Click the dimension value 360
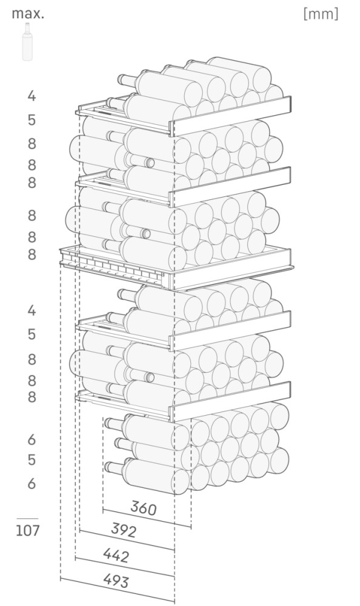click(144, 507)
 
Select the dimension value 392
click(124, 530)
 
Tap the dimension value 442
click(116, 555)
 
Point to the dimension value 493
click(116, 581)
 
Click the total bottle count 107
click(27, 530)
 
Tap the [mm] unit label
click(321, 14)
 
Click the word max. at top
click(28, 14)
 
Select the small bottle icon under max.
click(27, 41)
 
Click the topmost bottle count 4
click(32, 96)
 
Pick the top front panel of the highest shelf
click(230, 116)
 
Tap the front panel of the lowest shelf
click(230, 401)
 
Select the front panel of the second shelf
click(230, 187)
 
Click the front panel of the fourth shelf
click(230, 330)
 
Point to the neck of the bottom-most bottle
click(114, 467)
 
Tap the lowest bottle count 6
click(32, 483)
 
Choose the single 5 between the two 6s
click(32, 460)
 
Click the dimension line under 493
click(117, 590)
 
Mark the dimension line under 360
click(147, 518)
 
